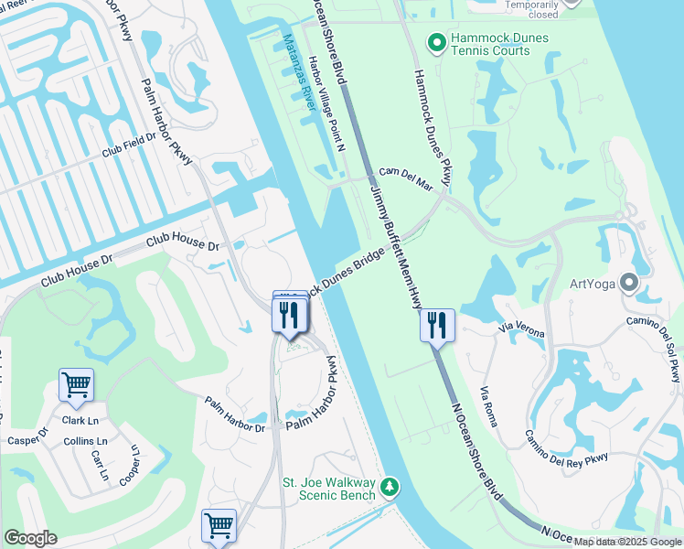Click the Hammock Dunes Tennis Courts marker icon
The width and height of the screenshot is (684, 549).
tap(437, 41)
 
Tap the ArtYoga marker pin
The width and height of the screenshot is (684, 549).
tap(628, 282)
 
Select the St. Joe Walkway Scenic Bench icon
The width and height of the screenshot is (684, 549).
tap(390, 486)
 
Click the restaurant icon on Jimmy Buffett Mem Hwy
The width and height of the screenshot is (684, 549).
tap(437, 325)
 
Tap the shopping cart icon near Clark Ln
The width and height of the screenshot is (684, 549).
tap(76, 385)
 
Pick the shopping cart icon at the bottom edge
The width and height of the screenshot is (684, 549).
tap(219, 526)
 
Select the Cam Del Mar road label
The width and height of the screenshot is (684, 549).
tap(405, 178)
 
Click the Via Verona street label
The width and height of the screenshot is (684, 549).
tap(521, 330)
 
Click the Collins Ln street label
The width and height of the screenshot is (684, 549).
tap(85, 442)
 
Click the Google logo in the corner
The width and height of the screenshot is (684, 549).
tap(30, 538)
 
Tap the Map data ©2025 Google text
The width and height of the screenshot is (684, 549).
tap(627, 543)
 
